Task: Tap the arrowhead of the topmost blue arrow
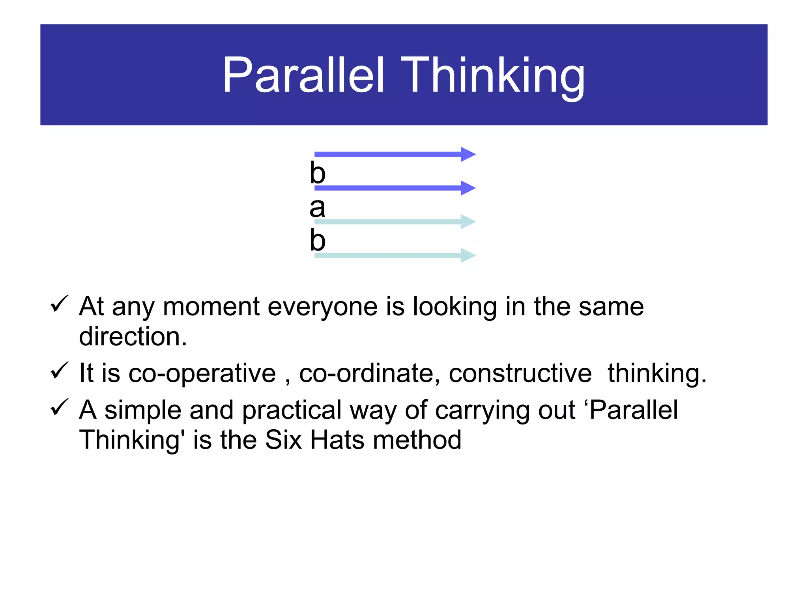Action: pyautogui.click(x=468, y=154)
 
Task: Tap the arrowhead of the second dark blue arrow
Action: pyautogui.click(x=468, y=188)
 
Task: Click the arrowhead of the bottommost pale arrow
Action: pyautogui.click(x=468, y=256)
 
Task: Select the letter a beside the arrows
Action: pyautogui.click(x=317, y=208)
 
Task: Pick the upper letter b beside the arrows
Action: pyautogui.click(x=317, y=173)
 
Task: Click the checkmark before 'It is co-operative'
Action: pyautogui.click(x=60, y=370)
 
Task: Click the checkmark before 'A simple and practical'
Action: pyautogui.click(x=60, y=407)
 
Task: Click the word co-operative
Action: pyautogui.click(x=202, y=373)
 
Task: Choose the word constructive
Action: pyautogui.click(x=520, y=373)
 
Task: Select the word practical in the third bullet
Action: pyautogui.click(x=292, y=410)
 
